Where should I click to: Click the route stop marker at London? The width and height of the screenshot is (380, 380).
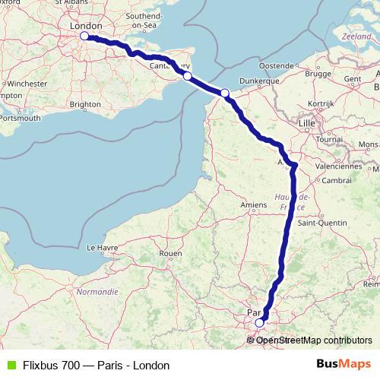coord(84,36)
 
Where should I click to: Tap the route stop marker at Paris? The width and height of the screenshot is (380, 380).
coord(259,322)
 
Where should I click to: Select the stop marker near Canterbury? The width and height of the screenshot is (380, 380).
coord(187,75)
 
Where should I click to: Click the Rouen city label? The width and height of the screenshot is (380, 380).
coord(171,253)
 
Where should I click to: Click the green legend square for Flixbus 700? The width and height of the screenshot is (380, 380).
coord(9,365)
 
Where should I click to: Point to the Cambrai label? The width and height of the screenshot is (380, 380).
coord(336,180)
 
